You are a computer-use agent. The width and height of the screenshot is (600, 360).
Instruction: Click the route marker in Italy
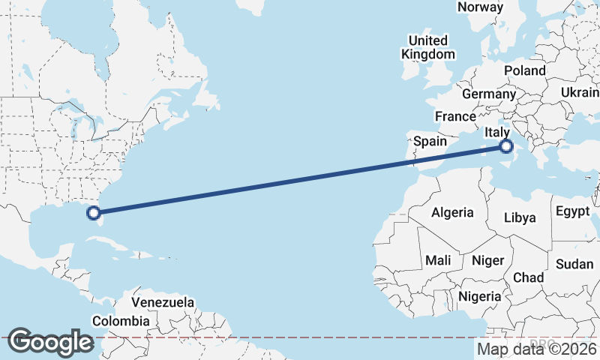click(506, 147)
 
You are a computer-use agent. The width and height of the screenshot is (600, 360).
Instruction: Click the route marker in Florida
click(93, 213)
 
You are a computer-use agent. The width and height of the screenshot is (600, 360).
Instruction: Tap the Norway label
click(480, 7)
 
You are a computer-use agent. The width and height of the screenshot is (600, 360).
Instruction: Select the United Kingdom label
click(428, 47)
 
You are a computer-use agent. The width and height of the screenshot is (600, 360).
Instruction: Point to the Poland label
click(525, 70)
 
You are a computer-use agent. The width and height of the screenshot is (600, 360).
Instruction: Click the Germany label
click(489, 94)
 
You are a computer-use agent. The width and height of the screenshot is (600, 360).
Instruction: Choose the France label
click(455, 116)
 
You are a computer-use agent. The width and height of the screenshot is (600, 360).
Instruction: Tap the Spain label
click(430, 141)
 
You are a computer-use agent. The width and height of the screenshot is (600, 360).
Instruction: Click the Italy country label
click(499, 133)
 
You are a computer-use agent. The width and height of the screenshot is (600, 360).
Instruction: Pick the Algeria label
click(452, 212)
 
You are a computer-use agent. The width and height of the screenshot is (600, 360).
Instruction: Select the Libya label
click(520, 218)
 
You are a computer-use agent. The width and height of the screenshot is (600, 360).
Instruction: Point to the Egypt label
click(573, 211)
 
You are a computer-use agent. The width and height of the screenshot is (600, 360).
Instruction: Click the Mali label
click(437, 260)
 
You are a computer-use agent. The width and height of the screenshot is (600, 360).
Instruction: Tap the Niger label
click(487, 260)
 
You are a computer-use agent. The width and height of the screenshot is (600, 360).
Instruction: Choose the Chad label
click(528, 277)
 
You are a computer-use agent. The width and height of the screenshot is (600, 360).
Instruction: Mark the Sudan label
click(574, 264)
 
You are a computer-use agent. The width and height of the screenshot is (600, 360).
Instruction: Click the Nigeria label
click(479, 296)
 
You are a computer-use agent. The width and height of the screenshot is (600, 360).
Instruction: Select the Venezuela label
click(163, 303)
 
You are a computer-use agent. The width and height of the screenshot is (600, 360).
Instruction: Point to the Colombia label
click(121, 321)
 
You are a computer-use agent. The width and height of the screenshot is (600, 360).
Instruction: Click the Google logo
click(50, 342)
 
